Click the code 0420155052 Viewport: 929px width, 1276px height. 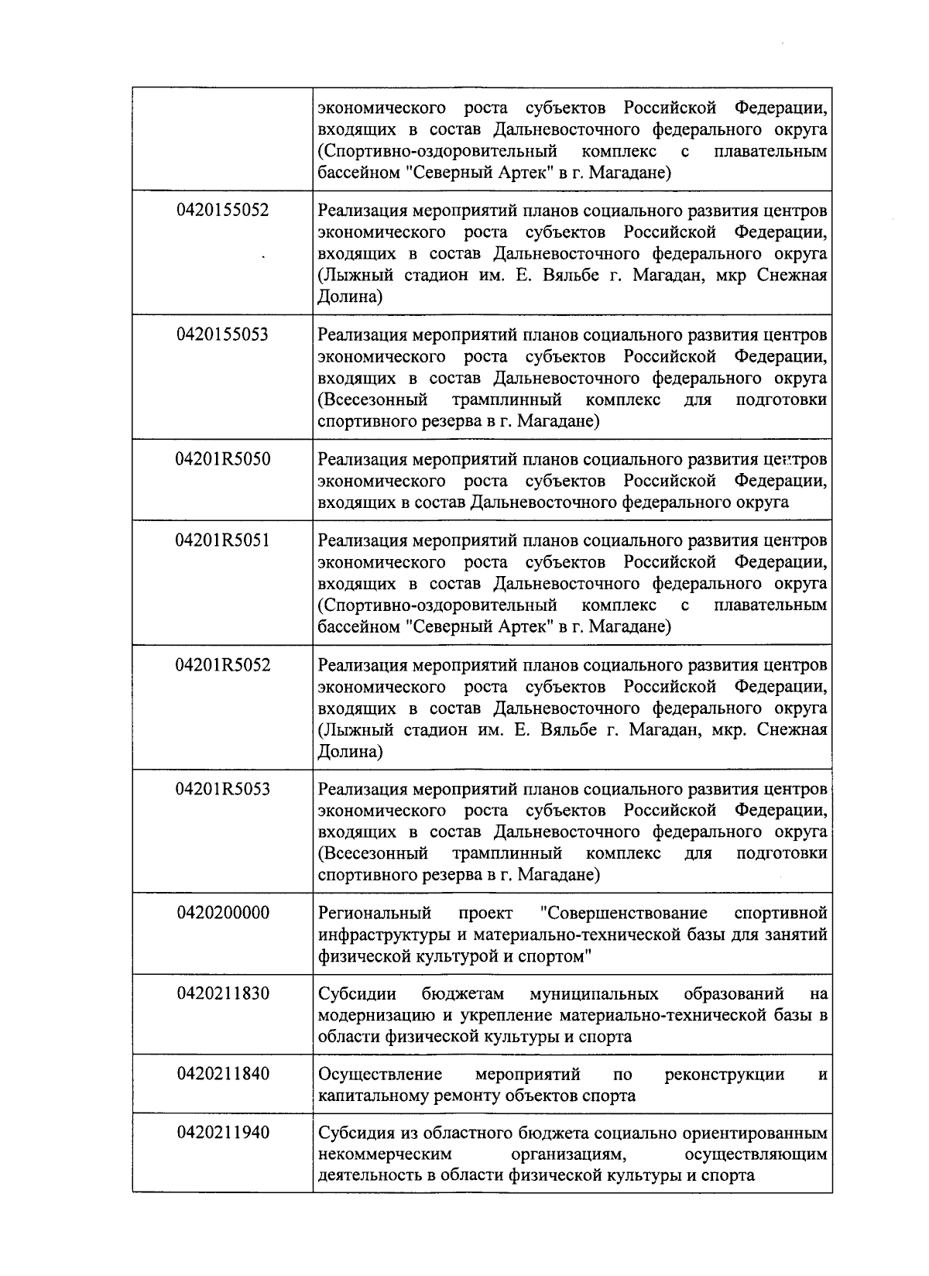[223, 210]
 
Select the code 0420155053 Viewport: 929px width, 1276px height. [223, 334]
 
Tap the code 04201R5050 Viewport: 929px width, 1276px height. [223, 459]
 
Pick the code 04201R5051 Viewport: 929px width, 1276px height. [223, 540]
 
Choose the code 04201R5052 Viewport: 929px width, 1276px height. [223, 664]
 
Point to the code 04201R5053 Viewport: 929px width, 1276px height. [223, 789]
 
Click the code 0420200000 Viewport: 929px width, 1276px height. [223, 913]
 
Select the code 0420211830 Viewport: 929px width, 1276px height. [223, 993]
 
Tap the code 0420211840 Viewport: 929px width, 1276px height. [223, 1074]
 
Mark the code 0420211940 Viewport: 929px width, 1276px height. [223, 1133]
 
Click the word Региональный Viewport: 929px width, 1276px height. [375, 914]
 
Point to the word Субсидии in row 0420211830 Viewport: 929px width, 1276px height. [358, 994]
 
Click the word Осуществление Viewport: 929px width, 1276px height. [380, 1075]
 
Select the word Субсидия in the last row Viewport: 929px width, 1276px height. [357, 1134]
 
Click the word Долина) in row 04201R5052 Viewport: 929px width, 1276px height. [350, 752]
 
